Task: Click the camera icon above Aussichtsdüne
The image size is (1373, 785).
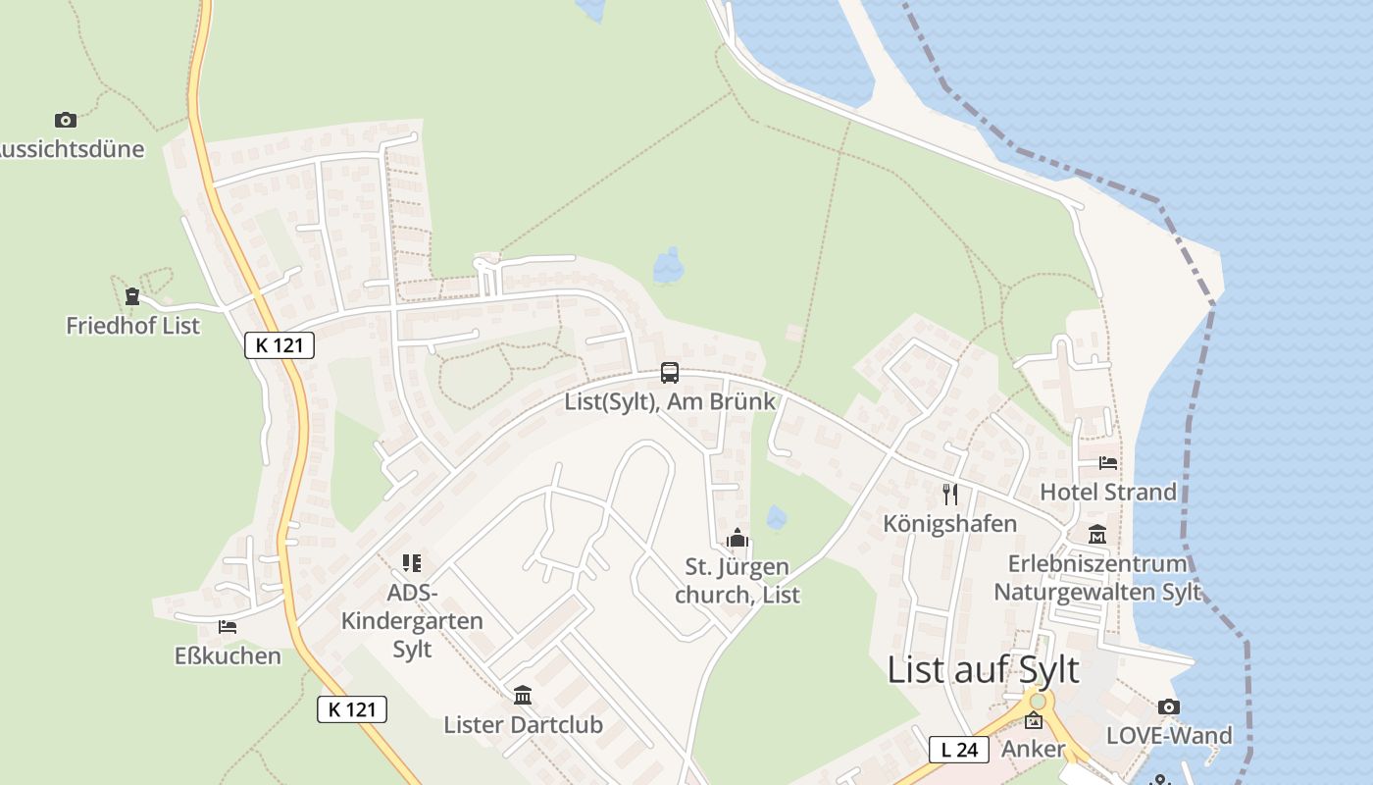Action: pos(66,121)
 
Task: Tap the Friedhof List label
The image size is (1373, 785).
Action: pos(132,325)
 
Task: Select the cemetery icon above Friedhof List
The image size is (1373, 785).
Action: pos(132,295)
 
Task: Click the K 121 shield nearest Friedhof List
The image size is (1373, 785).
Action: pos(280,344)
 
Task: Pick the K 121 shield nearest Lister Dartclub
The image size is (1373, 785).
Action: pos(352,709)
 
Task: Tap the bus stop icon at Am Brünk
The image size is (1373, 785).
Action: pos(670,373)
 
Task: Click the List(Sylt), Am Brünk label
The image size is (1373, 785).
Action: pos(670,401)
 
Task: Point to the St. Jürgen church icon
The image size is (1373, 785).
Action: pos(737,538)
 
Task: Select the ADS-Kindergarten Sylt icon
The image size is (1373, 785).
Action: pos(412,563)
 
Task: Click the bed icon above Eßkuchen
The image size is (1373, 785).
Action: pos(228,626)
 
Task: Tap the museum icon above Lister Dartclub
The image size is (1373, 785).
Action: pos(523,696)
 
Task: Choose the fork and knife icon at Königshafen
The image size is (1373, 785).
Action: pos(949,494)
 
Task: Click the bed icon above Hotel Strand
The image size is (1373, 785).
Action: pos(1108,462)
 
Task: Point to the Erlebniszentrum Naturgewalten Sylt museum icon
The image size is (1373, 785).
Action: pos(1097,535)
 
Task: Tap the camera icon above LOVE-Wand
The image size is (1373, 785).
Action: pos(1168,706)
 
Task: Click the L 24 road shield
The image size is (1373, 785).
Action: pos(958,750)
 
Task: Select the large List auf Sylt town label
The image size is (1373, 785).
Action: pos(983,670)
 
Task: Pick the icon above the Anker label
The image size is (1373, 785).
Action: pos(1034,721)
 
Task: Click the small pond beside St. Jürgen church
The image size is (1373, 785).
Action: pos(777,517)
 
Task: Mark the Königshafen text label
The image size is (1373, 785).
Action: pos(949,523)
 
